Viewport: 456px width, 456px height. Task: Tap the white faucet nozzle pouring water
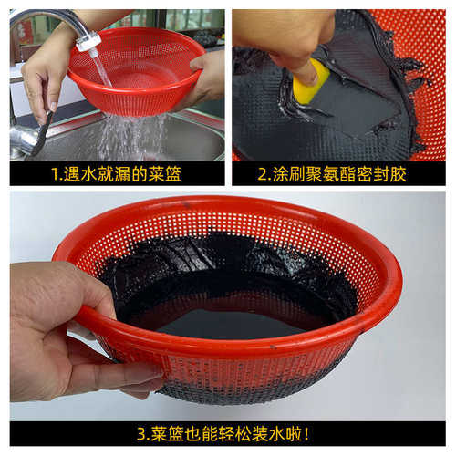click(x=88, y=41)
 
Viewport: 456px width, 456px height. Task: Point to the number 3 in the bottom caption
click(x=142, y=432)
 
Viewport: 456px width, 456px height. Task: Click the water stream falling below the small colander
click(x=119, y=137)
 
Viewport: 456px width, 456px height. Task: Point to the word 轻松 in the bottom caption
click(x=229, y=432)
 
